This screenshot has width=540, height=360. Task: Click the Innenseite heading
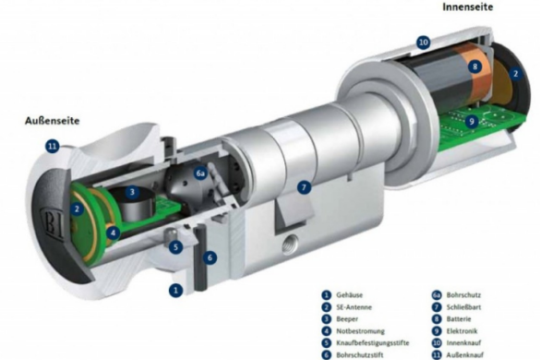pos(468,6)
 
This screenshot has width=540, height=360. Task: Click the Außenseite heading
pos(52,121)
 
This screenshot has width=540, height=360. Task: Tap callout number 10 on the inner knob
pos(424,42)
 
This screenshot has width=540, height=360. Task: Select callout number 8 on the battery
pos(474,66)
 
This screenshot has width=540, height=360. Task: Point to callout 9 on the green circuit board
pos(472,121)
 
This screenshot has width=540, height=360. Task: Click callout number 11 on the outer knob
pos(53,147)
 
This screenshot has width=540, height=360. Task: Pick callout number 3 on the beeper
pos(132,192)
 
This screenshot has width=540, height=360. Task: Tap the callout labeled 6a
pos(200,174)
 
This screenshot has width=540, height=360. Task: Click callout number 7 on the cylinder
pos(304,187)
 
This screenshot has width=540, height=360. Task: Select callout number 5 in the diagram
pos(175,247)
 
